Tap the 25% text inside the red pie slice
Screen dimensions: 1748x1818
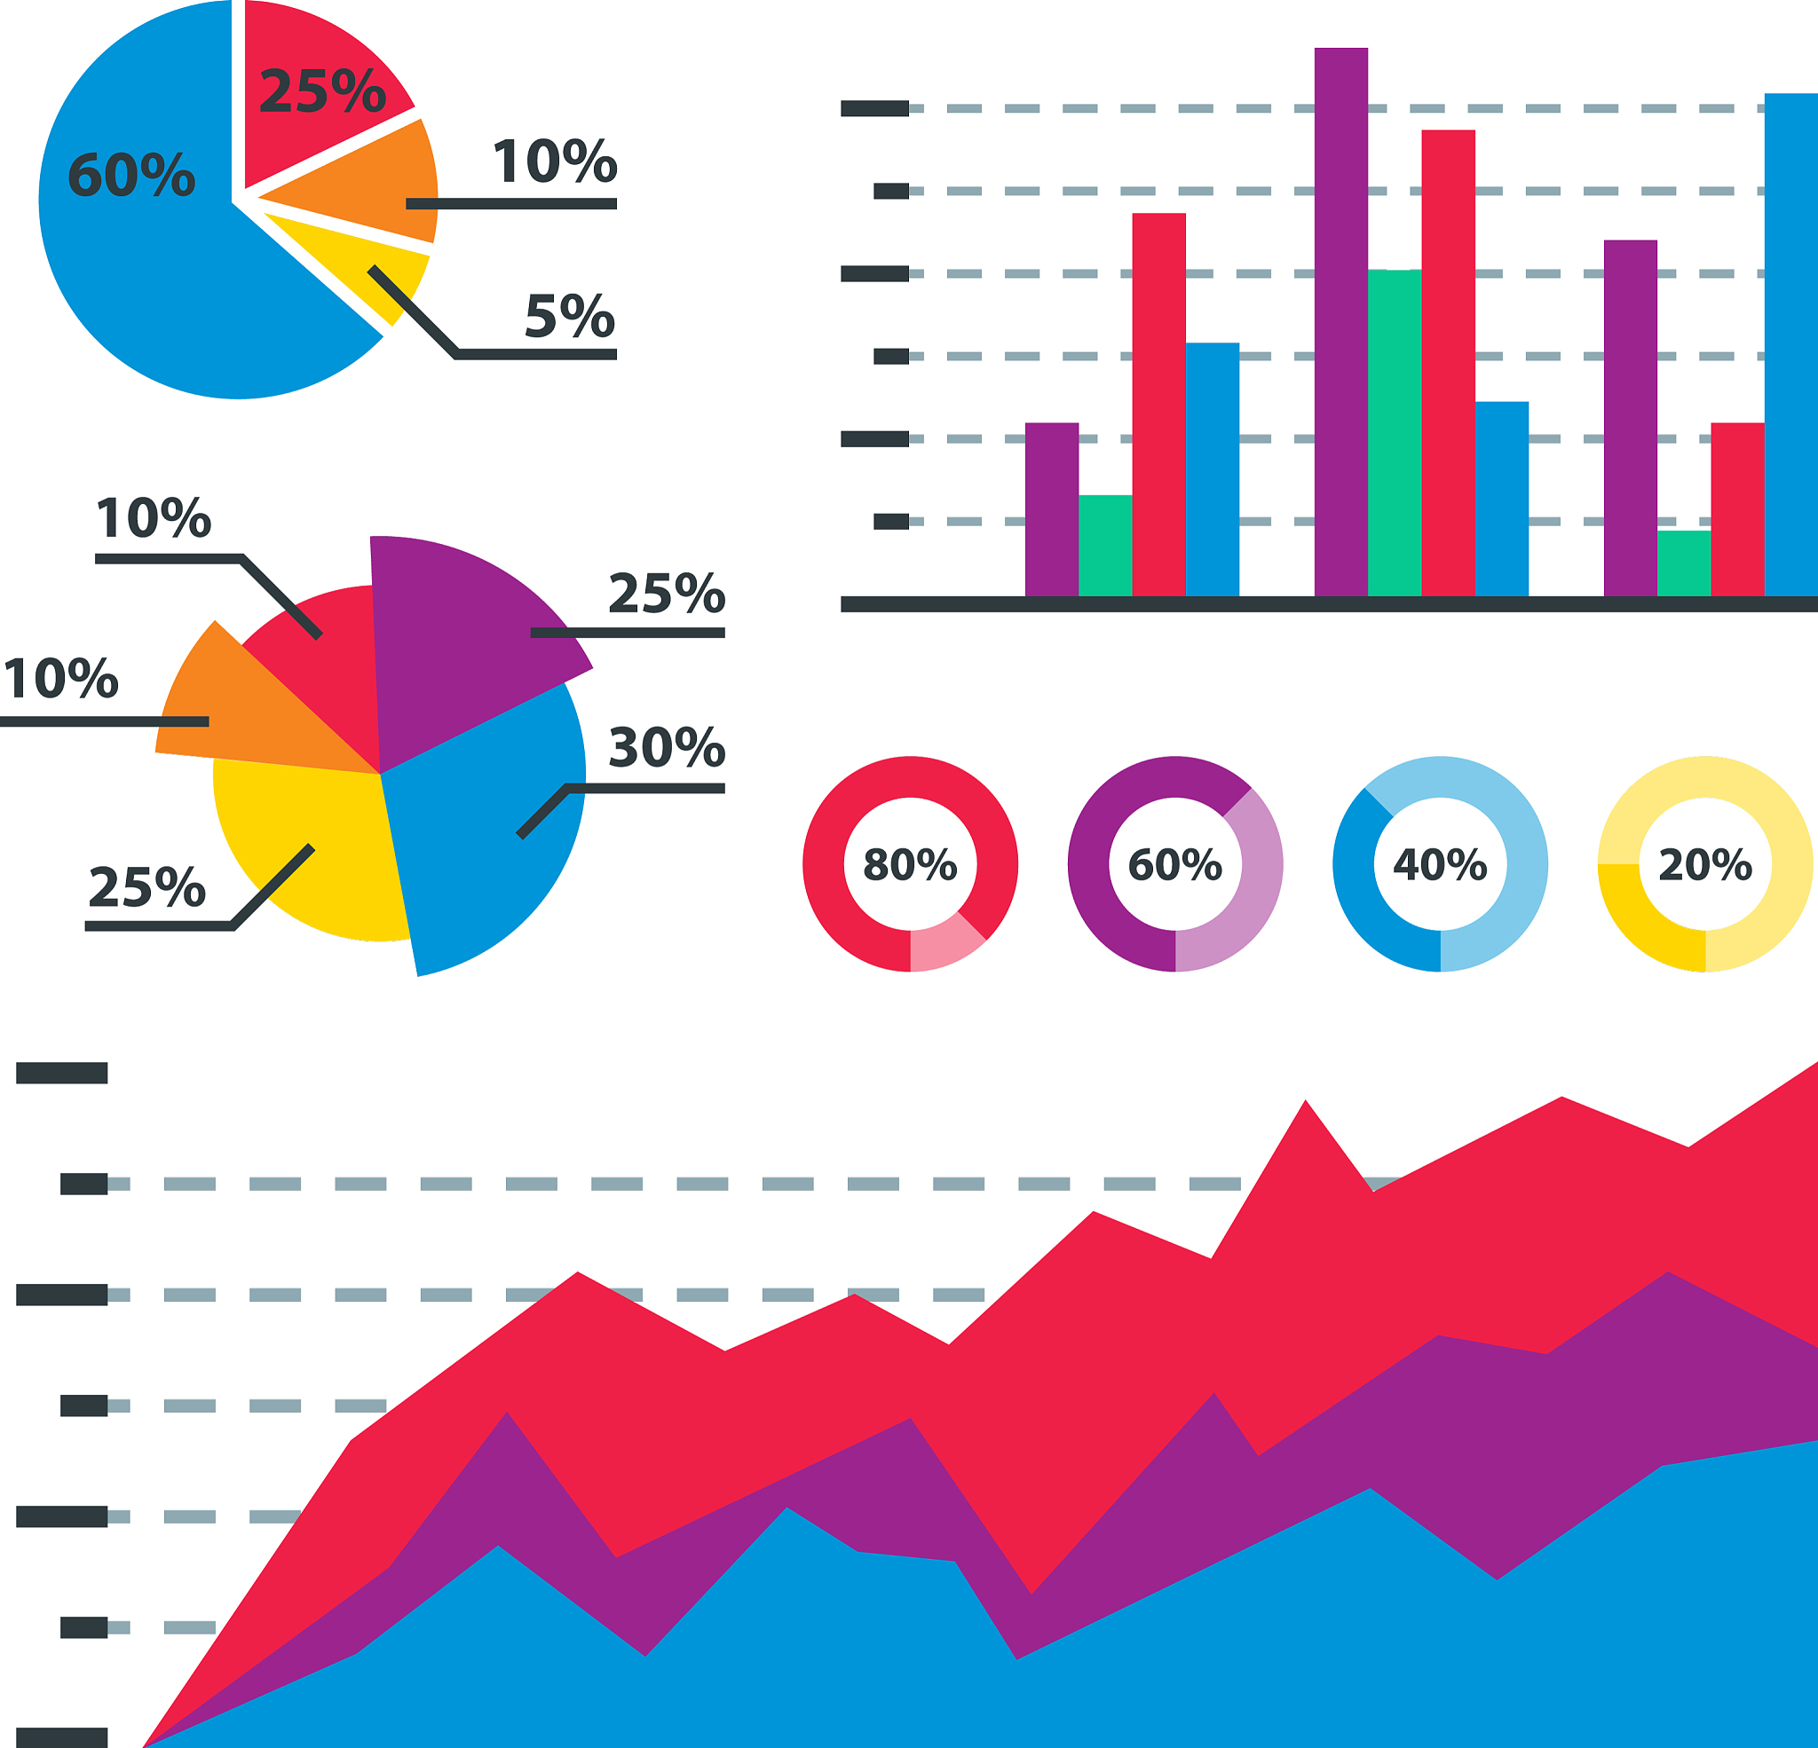(322, 91)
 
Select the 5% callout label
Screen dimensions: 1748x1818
(570, 316)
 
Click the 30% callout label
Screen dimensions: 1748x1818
(666, 747)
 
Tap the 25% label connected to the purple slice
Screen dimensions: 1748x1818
(666, 594)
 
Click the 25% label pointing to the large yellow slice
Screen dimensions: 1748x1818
(146, 887)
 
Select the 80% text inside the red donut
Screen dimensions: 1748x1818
(910, 864)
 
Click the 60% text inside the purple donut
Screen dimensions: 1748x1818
(1174, 864)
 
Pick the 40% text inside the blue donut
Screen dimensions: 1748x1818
(1440, 864)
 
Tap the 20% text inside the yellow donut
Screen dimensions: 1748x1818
(1705, 864)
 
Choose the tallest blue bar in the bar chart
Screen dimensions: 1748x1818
(1790, 343)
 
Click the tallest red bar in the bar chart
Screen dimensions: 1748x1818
(1448, 362)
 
